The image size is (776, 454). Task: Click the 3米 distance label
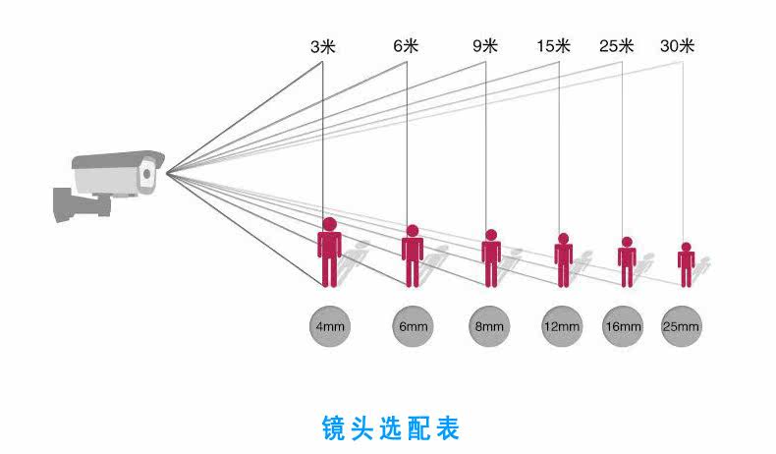[322, 45]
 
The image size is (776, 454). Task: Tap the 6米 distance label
[406, 45]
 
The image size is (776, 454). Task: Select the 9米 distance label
[485, 45]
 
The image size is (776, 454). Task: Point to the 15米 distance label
[554, 45]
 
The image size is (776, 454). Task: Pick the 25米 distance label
[617, 45]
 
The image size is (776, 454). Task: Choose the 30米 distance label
[678, 45]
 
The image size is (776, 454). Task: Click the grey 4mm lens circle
[329, 325]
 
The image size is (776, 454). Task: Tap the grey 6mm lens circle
[413, 325]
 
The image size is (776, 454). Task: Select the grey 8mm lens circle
[489, 325]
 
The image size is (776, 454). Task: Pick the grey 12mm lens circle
[563, 325]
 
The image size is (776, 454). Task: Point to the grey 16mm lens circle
[623, 325]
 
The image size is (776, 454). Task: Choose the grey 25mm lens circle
[682, 325]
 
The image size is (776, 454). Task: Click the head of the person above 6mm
[413, 231]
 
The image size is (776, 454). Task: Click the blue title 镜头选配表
[390, 428]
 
